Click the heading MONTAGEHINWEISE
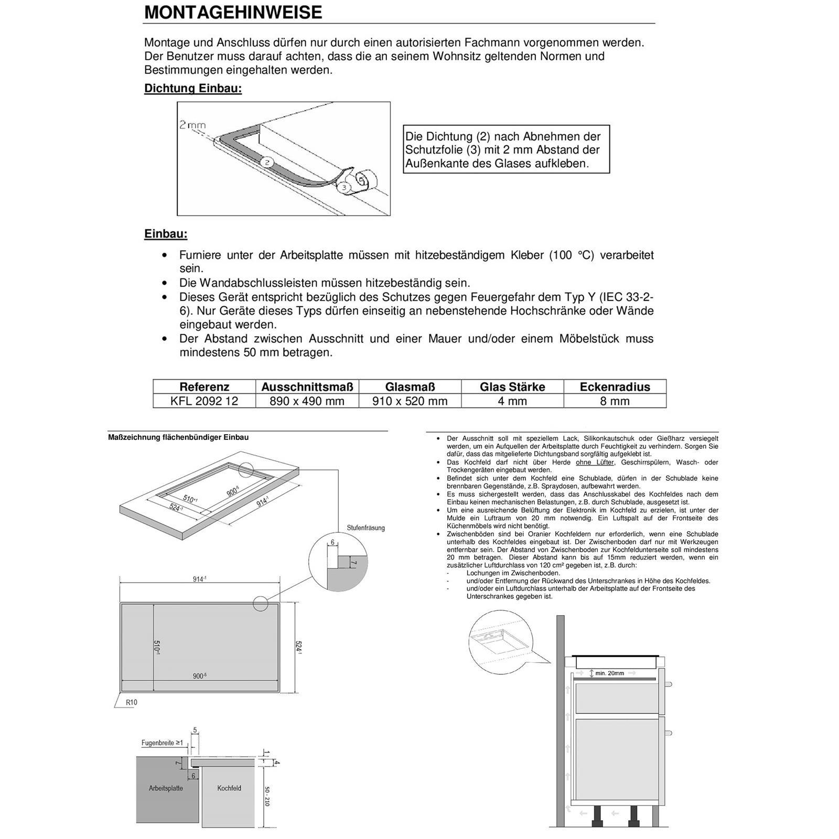(x=233, y=13)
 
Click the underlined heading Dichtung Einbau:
(x=193, y=88)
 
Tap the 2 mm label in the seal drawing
(x=192, y=125)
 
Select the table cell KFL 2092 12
(x=204, y=401)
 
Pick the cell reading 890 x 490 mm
(x=307, y=401)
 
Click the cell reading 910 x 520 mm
(x=410, y=401)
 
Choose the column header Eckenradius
(x=615, y=387)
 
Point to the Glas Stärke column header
(x=512, y=387)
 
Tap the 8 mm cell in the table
(x=615, y=401)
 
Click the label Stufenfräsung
(x=365, y=528)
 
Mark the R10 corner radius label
(x=131, y=702)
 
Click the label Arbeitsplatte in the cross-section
(x=166, y=788)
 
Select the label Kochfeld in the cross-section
(x=229, y=788)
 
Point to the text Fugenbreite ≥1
(x=163, y=743)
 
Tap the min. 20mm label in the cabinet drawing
(x=609, y=673)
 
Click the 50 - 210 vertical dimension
(x=267, y=796)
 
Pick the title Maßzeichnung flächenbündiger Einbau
(x=178, y=437)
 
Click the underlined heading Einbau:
(x=166, y=234)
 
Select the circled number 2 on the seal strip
(x=267, y=163)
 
